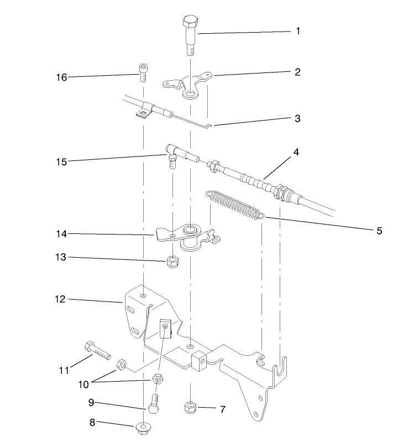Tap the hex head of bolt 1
pos(190,24)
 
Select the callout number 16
pos(61,77)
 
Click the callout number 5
pos(379,231)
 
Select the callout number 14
pos(61,234)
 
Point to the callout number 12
pos(60,299)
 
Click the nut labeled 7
pos(190,408)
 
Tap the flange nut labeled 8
pos(143,428)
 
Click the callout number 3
pos(297,119)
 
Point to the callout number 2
pos(297,72)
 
